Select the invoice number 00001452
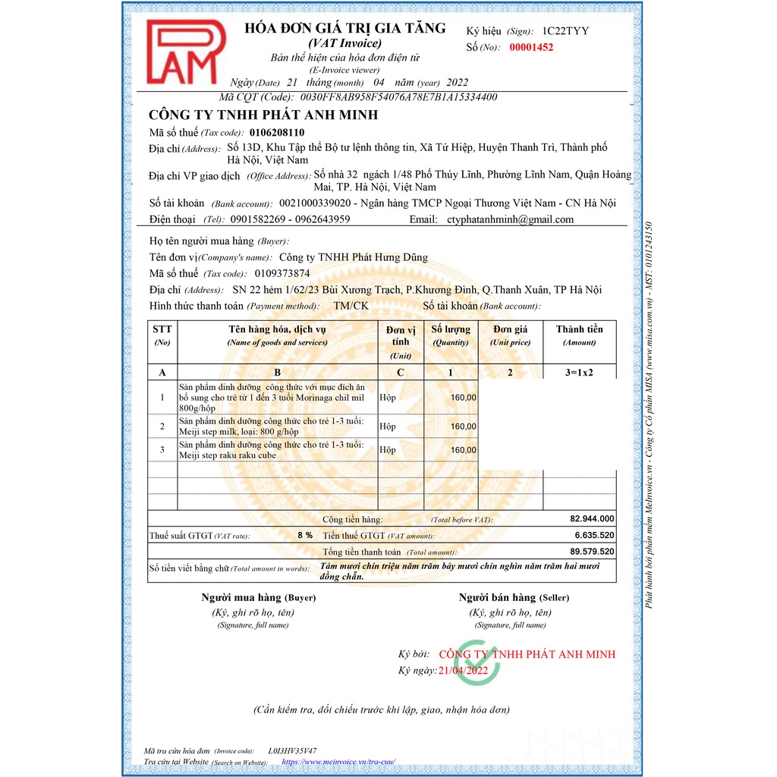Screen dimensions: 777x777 (531, 47)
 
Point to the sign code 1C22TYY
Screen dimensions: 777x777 (565, 31)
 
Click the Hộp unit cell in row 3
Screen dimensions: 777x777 (388, 450)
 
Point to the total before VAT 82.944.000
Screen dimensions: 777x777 (592, 519)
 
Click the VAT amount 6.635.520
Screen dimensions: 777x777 (594, 535)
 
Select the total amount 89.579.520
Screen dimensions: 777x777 (592, 552)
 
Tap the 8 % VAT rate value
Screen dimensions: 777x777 (305, 535)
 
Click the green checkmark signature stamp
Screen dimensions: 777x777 (476, 662)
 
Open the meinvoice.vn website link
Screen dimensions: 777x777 (338, 761)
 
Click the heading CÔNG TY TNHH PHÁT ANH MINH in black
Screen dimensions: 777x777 (263, 115)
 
